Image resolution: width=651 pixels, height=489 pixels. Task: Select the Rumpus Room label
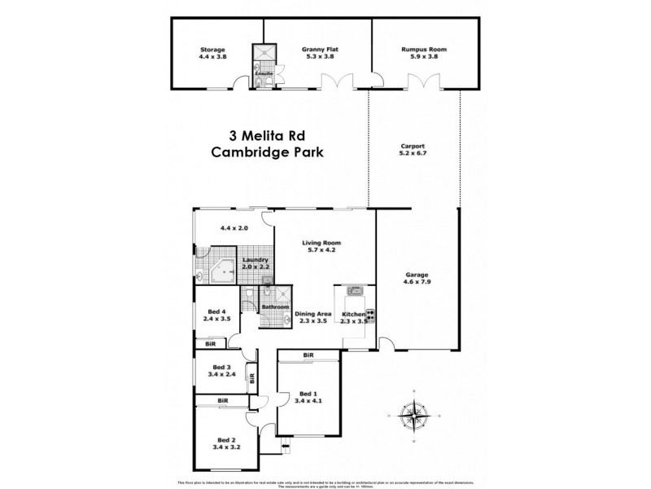(424, 49)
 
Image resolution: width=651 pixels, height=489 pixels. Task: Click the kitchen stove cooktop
(371, 312)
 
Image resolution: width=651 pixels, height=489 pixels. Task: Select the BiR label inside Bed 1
(308, 355)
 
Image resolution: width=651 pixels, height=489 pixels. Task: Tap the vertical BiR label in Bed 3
(251, 378)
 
